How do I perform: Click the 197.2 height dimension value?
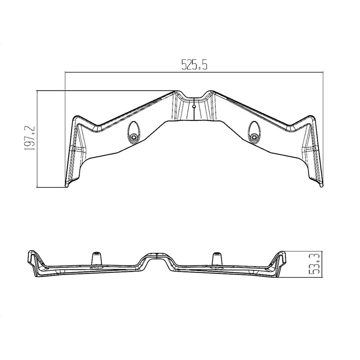(x=30, y=138)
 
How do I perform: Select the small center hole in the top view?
(x=193, y=106)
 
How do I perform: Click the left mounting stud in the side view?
(x=96, y=258)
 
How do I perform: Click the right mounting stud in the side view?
(x=216, y=258)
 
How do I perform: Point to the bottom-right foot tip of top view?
(x=321, y=185)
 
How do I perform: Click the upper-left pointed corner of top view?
(x=76, y=117)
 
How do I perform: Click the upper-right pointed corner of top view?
(x=310, y=116)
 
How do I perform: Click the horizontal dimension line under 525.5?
(x=194, y=72)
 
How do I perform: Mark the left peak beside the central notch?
(x=175, y=91)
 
